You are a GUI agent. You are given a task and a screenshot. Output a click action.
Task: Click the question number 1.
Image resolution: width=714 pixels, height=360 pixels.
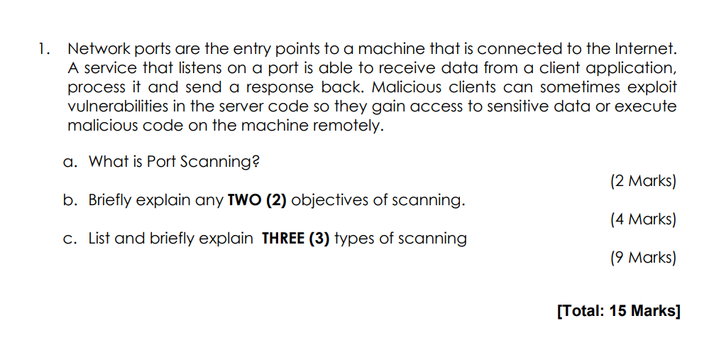pyautogui.click(x=43, y=50)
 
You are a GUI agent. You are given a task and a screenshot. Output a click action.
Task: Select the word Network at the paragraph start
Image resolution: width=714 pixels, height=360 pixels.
pyautogui.click(x=97, y=50)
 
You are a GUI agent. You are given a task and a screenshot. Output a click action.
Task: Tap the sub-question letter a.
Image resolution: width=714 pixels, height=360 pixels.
pyautogui.click(x=69, y=162)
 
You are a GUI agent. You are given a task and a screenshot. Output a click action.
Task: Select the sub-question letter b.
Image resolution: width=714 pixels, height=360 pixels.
pyautogui.click(x=69, y=200)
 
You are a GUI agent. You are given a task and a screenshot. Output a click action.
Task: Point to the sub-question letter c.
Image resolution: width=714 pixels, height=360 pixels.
pyautogui.click(x=69, y=239)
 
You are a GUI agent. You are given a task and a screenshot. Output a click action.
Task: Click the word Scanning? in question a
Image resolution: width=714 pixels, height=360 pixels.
pyautogui.click(x=219, y=162)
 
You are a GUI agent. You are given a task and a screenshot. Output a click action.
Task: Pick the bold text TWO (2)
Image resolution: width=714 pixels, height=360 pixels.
pyautogui.click(x=256, y=200)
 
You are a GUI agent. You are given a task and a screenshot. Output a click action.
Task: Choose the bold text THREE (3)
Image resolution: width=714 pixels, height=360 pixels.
pyautogui.click(x=295, y=239)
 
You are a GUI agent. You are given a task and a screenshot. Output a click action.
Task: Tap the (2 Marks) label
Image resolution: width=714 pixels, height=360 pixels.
pyautogui.click(x=643, y=181)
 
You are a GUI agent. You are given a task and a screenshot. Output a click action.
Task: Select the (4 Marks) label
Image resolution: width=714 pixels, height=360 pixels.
pyautogui.click(x=643, y=219)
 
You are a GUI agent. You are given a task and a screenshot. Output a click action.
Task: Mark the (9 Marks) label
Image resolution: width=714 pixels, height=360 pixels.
pyautogui.click(x=643, y=258)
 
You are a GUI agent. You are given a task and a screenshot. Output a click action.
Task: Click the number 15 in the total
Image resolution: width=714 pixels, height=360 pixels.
pyautogui.click(x=619, y=311)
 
